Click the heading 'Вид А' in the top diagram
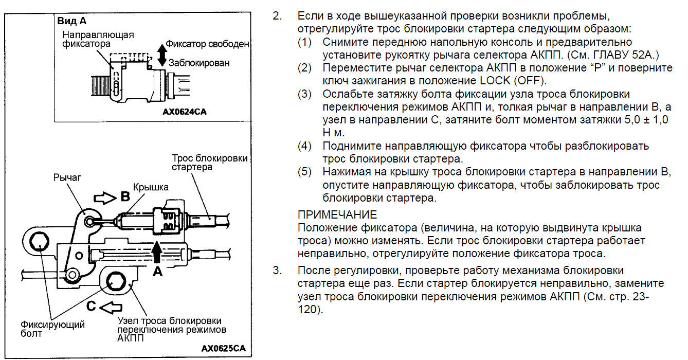coord(72,21)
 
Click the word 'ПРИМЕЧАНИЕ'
coord(337,215)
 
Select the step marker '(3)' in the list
coord(304,94)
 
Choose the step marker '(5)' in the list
coord(304,172)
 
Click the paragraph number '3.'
coord(278,271)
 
